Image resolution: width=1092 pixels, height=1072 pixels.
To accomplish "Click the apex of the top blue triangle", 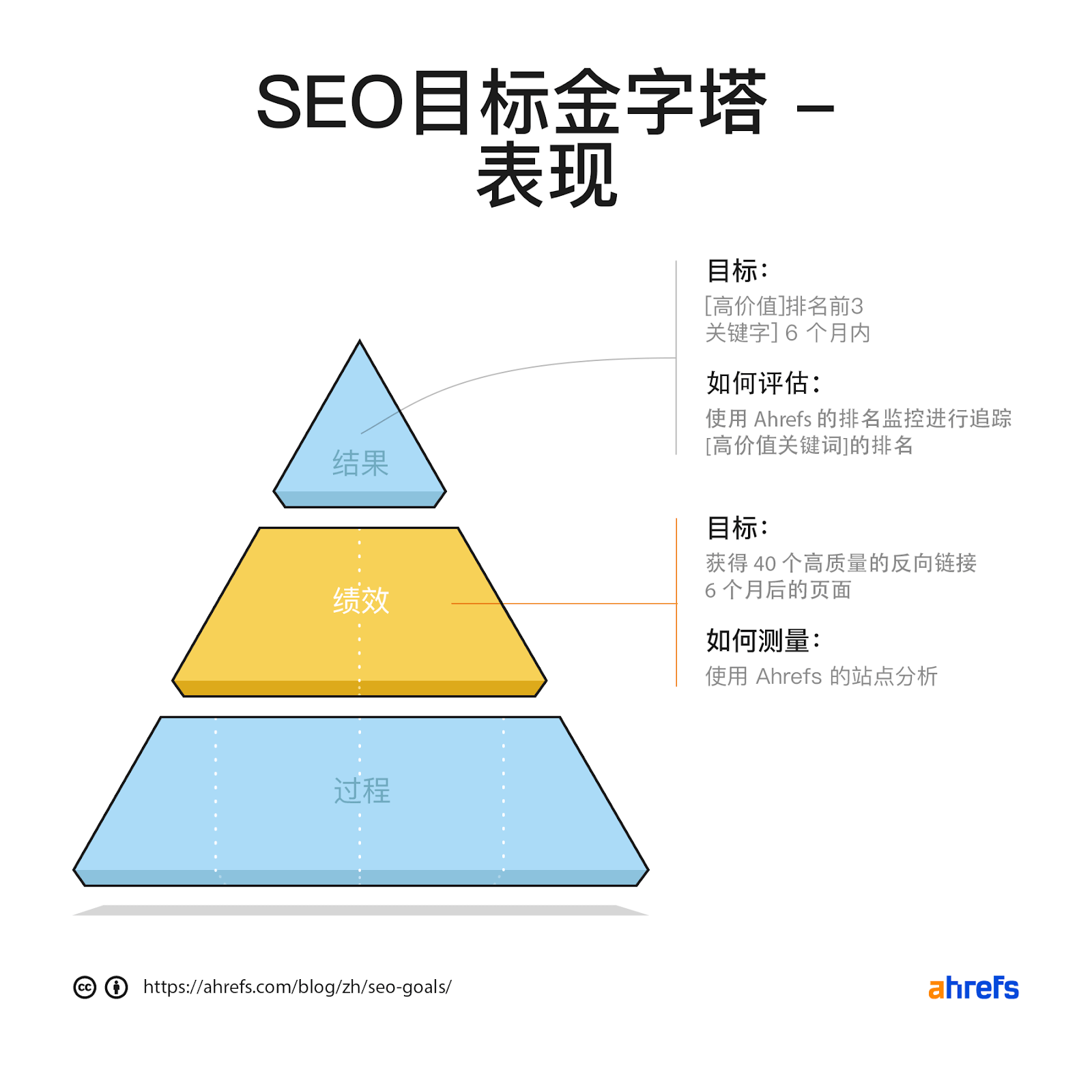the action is (x=360, y=341).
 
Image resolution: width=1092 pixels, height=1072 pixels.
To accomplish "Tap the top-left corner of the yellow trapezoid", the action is (x=260, y=528).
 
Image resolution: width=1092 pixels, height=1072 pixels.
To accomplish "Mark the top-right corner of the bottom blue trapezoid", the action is (x=560, y=717).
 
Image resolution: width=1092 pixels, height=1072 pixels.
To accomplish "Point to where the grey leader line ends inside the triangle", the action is (x=361, y=433).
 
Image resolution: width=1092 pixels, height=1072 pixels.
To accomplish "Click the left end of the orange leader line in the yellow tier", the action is (x=452, y=603).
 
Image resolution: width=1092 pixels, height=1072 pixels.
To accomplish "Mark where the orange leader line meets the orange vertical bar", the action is (x=676, y=603).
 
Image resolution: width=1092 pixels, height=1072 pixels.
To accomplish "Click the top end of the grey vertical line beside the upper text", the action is (x=676, y=261).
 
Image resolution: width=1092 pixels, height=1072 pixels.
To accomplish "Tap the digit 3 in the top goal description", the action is (x=857, y=306).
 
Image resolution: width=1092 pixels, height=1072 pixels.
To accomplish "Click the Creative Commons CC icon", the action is (x=85, y=987).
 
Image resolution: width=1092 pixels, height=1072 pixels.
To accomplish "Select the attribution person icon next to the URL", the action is (x=117, y=987).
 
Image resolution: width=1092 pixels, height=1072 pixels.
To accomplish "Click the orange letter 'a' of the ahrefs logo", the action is (x=936, y=989).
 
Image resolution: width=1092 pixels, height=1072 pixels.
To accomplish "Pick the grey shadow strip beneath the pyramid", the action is (x=360, y=910).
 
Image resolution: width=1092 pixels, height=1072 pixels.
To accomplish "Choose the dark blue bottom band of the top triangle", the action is (x=360, y=499).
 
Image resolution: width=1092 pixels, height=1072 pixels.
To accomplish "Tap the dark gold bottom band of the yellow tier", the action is (x=360, y=688).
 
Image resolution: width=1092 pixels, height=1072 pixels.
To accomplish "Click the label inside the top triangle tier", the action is (x=360, y=463).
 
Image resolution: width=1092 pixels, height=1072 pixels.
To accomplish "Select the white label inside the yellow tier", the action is (x=361, y=600).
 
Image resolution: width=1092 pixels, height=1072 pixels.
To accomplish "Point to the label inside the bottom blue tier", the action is (x=362, y=791).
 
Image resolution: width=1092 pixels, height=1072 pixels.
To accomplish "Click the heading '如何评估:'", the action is (x=763, y=383).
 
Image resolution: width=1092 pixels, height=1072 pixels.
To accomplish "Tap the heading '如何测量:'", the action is (x=763, y=641).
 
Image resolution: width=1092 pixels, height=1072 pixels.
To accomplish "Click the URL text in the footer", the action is (x=297, y=987).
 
